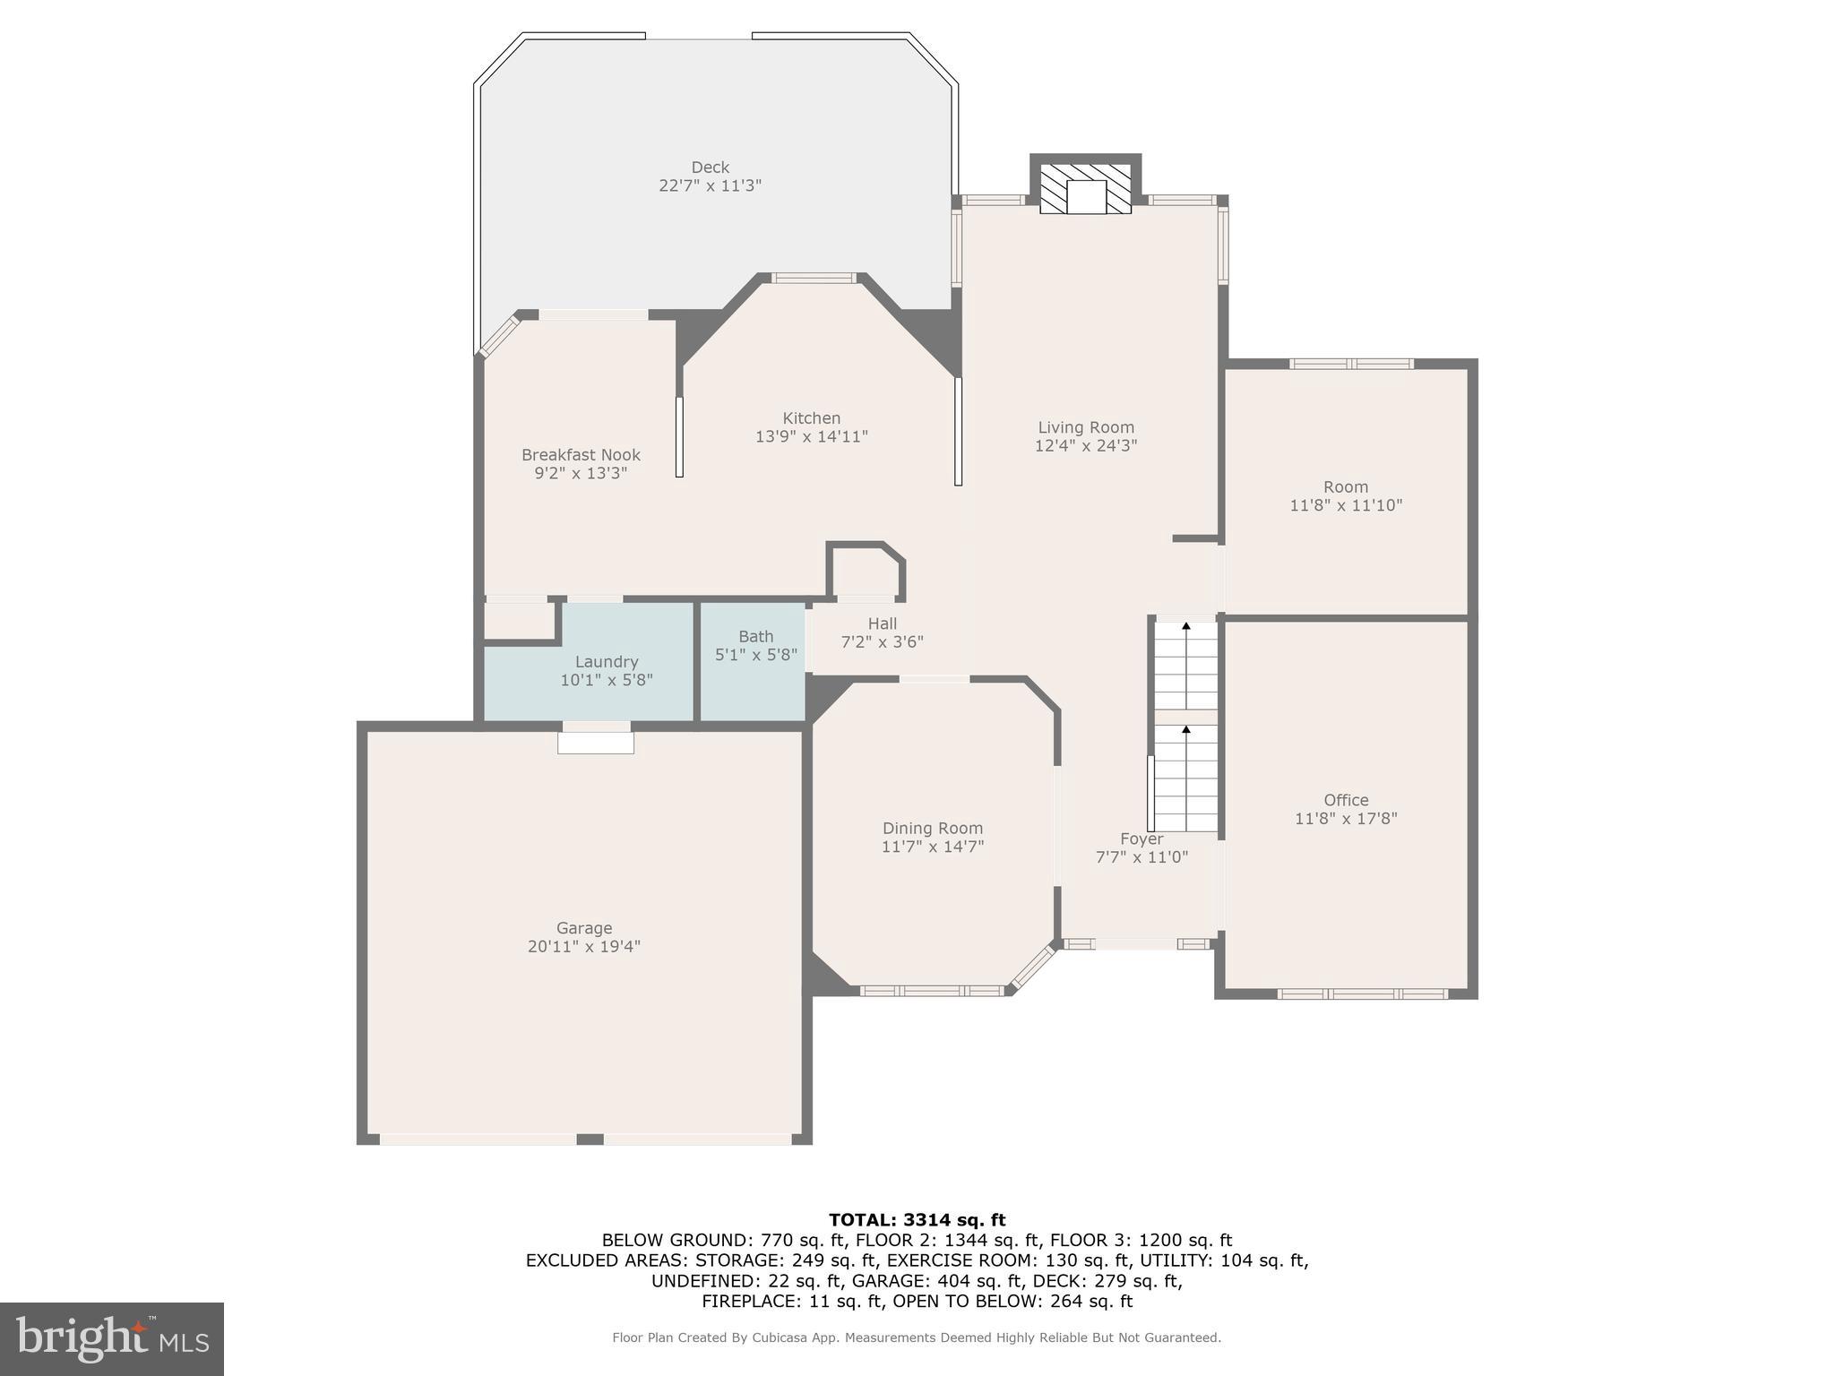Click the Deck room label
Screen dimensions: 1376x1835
[x=710, y=168]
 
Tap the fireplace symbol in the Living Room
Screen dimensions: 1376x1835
[x=1085, y=189]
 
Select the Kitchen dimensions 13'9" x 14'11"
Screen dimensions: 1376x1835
[x=811, y=437]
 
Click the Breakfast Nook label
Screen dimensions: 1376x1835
[x=581, y=455]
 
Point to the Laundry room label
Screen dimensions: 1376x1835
[x=606, y=662]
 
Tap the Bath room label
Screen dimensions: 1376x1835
[x=755, y=636]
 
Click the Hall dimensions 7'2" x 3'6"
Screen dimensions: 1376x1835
[x=882, y=642]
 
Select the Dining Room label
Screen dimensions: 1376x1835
[x=932, y=829]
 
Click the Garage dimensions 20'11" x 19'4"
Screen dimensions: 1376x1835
[x=583, y=947]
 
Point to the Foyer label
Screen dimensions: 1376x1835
[x=1141, y=838]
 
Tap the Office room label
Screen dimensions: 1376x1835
[x=1345, y=800]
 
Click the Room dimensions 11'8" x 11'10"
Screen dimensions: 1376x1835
[x=1345, y=505]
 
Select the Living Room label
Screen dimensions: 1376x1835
[x=1085, y=427]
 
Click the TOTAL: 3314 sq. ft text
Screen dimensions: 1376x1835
[x=917, y=1219]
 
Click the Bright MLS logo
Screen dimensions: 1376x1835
[x=111, y=1338]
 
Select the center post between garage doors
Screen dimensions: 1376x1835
[x=589, y=1139]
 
